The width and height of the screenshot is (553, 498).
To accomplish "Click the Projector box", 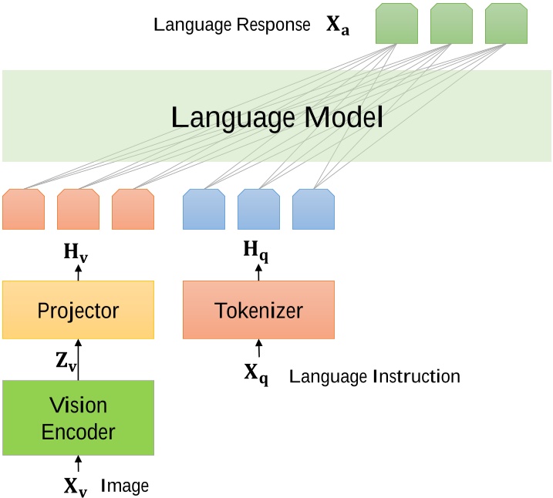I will point(78,310).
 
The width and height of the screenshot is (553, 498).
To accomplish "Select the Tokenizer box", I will point(258,310).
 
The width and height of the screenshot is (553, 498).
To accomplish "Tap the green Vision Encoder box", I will point(78,418).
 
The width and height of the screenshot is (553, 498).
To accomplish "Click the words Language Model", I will point(276,118).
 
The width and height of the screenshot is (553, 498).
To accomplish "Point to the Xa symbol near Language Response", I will point(337,25).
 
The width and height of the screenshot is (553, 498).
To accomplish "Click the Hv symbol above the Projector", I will point(76,253).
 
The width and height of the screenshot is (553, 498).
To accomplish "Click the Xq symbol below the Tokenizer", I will point(256,375).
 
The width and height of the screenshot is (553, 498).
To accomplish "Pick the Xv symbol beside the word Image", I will point(76,486).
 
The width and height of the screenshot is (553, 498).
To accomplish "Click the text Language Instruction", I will point(374,376).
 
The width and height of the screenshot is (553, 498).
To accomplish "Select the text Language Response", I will point(232,25).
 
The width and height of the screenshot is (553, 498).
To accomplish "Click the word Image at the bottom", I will point(125,486).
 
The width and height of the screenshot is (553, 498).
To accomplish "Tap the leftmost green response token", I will point(396,23).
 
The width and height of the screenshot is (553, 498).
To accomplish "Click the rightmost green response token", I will point(506,23).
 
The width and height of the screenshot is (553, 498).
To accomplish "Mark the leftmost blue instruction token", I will point(204,210).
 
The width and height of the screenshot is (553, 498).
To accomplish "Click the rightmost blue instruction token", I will point(313,210).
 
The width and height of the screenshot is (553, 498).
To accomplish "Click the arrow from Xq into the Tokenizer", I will point(258,349).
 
